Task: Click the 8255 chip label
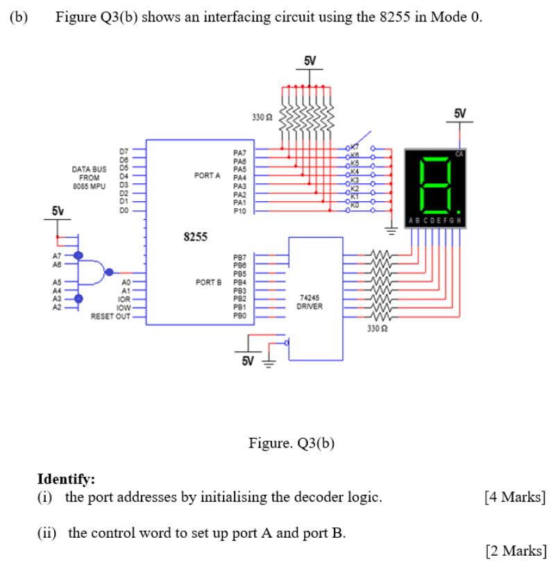[195, 237]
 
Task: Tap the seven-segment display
[435, 182]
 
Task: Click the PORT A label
[208, 176]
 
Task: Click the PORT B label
[208, 282]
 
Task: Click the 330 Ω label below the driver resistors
[378, 326]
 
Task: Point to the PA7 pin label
[240, 150]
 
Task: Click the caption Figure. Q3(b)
[291, 443]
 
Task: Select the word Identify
[65, 479]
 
